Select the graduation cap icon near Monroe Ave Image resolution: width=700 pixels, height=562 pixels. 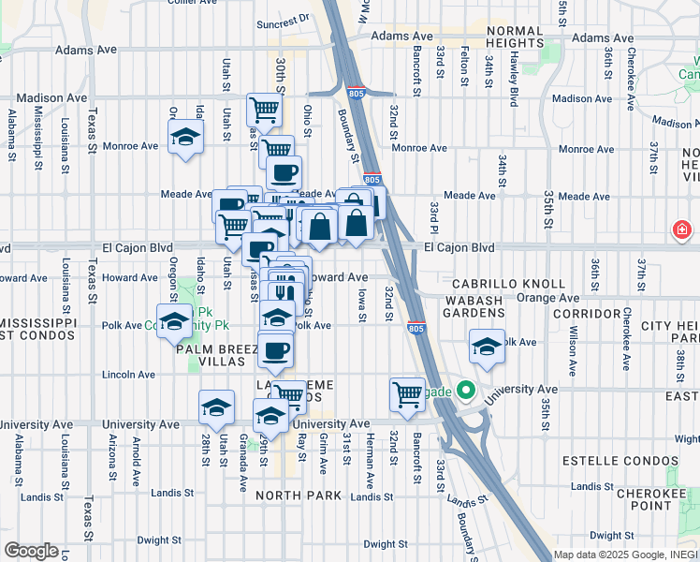(x=186, y=138)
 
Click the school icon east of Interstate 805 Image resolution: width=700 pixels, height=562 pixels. (x=487, y=347)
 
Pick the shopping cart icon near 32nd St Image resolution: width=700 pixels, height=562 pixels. (x=407, y=394)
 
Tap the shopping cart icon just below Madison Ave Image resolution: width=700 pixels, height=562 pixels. (x=264, y=110)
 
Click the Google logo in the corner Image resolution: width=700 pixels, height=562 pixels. (x=31, y=551)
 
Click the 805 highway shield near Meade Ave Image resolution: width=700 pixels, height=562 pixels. (x=372, y=179)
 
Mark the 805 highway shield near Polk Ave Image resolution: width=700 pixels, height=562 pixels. (x=416, y=328)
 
